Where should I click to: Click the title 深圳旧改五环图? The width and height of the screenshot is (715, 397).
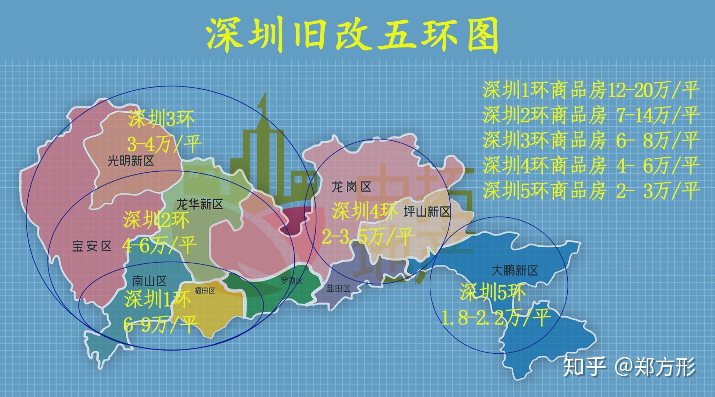(353, 35)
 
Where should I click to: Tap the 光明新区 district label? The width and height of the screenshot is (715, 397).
(130, 161)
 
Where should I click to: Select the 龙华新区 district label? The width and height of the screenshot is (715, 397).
(200, 204)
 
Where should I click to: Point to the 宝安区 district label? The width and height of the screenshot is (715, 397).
(92, 246)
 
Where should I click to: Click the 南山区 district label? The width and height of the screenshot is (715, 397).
(149, 280)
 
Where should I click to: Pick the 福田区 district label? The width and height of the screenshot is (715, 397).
(205, 291)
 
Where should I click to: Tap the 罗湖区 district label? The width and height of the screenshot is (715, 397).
(292, 281)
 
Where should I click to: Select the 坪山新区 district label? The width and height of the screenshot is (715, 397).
(427, 211)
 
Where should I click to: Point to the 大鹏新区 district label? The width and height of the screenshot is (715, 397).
(514, 270)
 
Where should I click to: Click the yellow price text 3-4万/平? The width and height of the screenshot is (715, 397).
(164, 144)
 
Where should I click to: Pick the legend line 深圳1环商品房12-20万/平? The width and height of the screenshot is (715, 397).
(591, 90)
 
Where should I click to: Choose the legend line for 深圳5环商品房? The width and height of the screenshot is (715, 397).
(591, 190)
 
